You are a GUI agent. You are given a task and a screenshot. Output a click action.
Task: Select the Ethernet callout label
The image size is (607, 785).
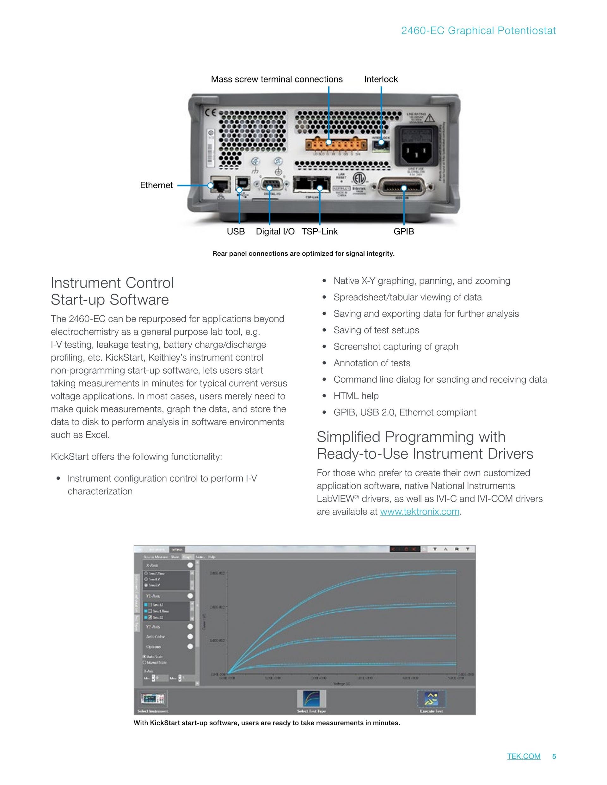pos(156,185)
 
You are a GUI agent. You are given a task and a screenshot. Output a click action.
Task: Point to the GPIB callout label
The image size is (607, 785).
pos(403,231)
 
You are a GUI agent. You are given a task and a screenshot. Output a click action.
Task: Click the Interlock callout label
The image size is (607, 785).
pos(381,79)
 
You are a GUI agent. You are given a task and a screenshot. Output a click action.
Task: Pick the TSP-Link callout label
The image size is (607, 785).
pos(319,231)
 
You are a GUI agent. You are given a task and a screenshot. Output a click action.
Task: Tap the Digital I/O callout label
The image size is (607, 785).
pos(275,231)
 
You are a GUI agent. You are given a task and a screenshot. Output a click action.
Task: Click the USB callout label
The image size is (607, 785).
pos(236,231)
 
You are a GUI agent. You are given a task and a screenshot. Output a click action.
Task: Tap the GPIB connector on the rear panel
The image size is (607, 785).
pos(403,188)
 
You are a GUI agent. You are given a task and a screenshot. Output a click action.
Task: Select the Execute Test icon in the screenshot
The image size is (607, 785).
pos(431,699)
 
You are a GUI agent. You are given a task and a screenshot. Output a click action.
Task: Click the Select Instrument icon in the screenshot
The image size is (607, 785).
pos(152,699)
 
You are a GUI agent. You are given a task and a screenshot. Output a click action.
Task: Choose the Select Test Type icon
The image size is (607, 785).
pos(311,699)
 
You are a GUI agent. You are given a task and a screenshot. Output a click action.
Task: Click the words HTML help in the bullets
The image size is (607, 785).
pos(356,396)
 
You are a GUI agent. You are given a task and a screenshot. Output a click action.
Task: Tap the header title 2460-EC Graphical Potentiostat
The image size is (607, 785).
pos(478,31)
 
